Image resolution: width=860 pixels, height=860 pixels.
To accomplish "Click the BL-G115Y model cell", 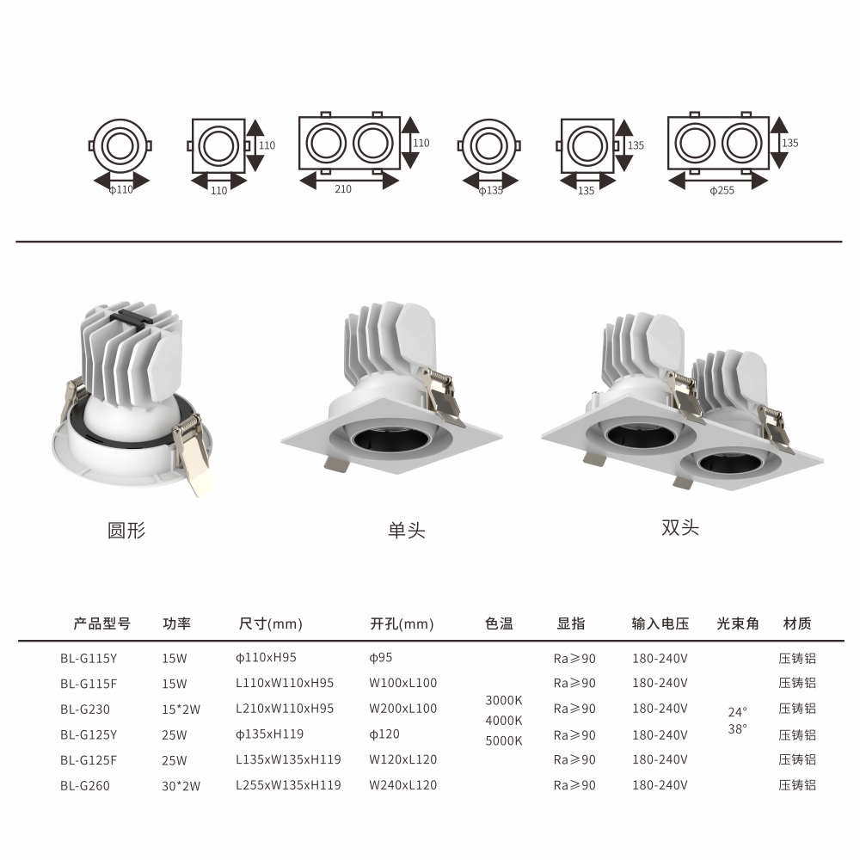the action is [x=89, y=658].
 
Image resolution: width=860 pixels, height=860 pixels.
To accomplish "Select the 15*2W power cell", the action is [x=181, y=709].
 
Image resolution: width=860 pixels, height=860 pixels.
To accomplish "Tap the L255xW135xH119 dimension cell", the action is [x=288, y=785].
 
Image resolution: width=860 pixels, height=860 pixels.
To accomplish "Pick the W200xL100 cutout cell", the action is [x=402, y=709].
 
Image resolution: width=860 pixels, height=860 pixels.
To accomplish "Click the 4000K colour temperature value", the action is [x=503, y=720].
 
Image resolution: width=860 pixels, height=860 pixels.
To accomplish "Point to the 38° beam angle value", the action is [x=737, y=729].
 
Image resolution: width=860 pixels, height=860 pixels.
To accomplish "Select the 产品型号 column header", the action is [x=102, y=623].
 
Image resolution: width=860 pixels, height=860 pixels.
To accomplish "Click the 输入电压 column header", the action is [x=660, y=623].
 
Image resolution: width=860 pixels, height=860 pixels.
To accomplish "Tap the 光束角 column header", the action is [x=738, y=623].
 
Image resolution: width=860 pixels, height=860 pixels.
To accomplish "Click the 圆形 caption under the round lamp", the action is [x=126, y=531].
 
